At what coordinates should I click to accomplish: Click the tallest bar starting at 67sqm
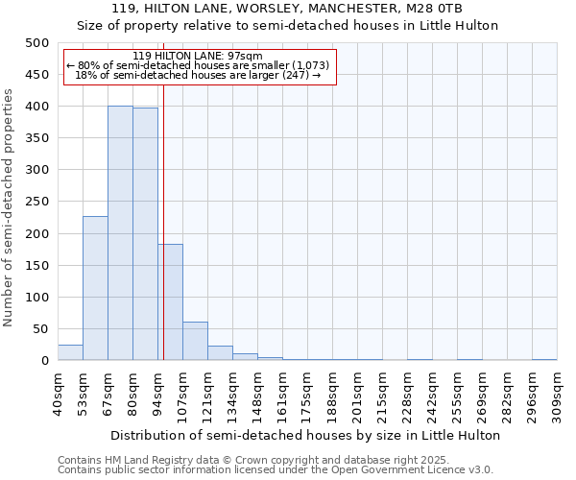(x=120, y=233)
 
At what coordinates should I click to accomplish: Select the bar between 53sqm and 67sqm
(x=95, y=288)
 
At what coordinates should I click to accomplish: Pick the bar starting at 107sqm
(x=195, y=342)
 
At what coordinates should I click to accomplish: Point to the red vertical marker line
(x=164, y=240)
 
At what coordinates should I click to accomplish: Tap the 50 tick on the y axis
(x=40, y=329)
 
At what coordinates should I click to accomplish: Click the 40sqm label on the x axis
(x=59, y=392)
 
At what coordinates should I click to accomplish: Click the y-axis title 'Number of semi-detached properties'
(x=10, y=207)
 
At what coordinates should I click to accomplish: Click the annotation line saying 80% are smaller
(x=199, y=65)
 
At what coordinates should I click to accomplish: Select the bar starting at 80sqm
(x=145, y=234)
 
